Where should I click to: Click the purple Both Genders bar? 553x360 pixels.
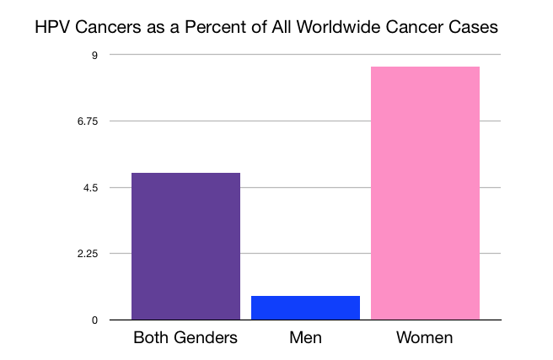pyautogui.click(x=185, y=246)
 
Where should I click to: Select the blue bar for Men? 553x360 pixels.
pyautogui.click(x=306, y=308)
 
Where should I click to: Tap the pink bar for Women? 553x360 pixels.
pyautogui.click(x=426, y=193)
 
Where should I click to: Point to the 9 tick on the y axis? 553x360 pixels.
pyautogui.click(x=94, y=55)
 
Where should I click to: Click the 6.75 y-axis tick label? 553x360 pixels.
pyautogui.click(x=88, y=121)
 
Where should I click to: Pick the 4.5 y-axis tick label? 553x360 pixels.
pyautogui.click(x=91, y=187)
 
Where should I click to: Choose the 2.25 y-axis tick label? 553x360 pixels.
pyautogui.click(x=88, y=254)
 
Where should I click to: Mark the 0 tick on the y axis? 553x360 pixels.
pyautogui.click(x=94, y=320)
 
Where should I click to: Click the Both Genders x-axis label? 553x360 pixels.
pyautogui.click(x=185, y=339)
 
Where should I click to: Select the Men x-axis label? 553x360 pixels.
pyautogui.click(x=306, y=339)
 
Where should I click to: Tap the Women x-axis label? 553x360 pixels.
pyautogui.click(x=425, y=339)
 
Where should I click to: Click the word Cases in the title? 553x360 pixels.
pyautogui.click(x=476, y=27)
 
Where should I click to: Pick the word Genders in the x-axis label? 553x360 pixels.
pyautogui.click(x=206, y=339)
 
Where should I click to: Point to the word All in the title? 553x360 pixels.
pyautogui.click(x=288, y=27)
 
